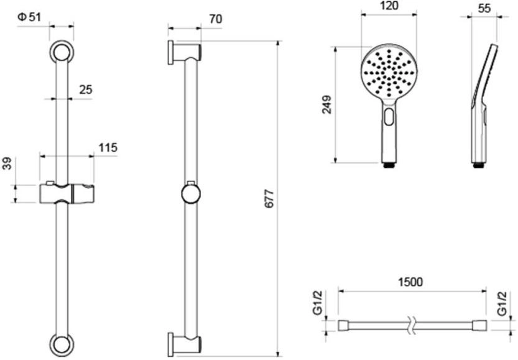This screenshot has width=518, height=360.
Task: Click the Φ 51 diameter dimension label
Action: [29, 17]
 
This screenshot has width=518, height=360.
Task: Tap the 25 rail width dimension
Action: [86, 90]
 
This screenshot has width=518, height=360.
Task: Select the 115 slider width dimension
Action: [108, 147]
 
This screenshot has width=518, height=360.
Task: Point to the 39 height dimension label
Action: [7, 164]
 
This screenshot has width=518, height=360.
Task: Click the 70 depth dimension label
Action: [215, 19]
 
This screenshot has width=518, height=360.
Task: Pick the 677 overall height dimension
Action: [270, 198]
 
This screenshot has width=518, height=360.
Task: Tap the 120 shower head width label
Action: [389, 6]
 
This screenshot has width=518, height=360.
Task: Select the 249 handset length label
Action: [326, 104]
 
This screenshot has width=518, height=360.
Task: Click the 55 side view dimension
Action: [484, 8]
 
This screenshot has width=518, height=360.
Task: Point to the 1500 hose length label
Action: [410, 282]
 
